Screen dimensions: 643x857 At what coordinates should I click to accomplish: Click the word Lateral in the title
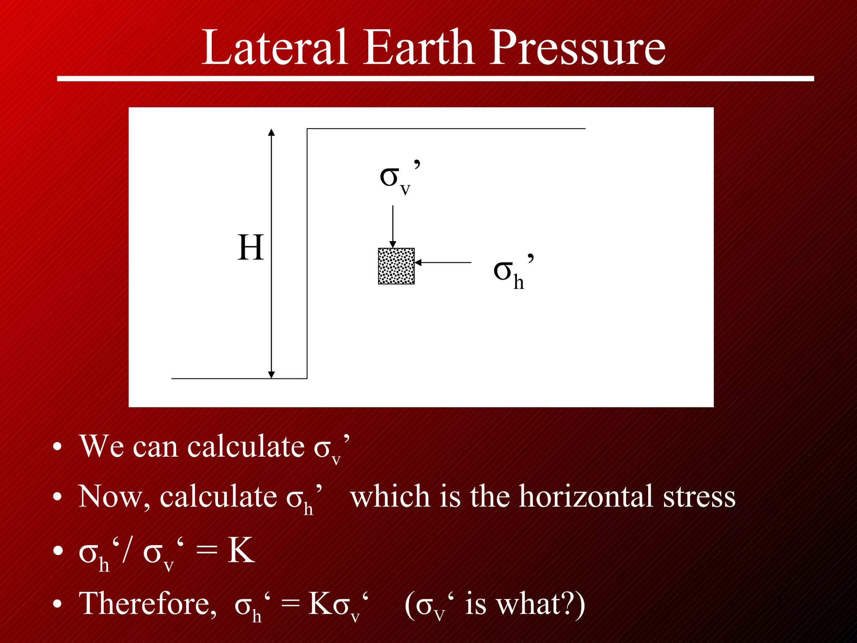click(x=274, y=47)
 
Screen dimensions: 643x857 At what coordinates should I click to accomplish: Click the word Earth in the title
click(x=418, y=47)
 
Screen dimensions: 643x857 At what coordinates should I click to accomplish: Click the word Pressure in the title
click(x=577, y=47)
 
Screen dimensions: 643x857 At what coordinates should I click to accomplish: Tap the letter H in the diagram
click(x=251, y=248)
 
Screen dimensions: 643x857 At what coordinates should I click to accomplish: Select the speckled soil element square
click(x=396, y=266)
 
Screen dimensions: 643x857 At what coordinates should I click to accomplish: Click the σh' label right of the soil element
click(x=513, y=272)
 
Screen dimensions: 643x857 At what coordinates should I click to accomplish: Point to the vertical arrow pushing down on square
click(x=393, y=226)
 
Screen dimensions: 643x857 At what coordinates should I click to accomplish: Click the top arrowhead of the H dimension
click(x=271, y=133)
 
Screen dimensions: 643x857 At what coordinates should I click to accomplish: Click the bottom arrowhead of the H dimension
click(x=271, y=374)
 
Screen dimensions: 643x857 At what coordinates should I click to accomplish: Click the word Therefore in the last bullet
click(x=148, y=604)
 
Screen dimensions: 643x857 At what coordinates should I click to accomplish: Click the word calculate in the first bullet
click(x=246, y=447)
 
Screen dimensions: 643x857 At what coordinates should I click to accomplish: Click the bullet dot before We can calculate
click(x=57, y=448)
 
